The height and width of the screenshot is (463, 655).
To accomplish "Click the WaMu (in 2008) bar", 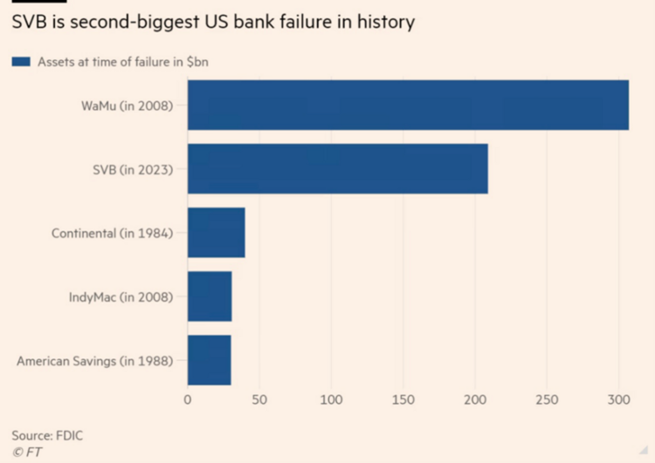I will [408, 106].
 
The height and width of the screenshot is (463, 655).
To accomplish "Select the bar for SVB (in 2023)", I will [337, 169].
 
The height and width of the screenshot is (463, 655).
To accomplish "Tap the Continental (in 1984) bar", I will [216, 233].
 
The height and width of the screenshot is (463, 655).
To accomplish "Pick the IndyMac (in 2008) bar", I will [210, 296].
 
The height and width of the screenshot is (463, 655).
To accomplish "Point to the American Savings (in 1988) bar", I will [209, 360].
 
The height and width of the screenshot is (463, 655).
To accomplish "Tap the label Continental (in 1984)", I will [112, 233].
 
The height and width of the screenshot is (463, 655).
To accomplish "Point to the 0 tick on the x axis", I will [188, 400].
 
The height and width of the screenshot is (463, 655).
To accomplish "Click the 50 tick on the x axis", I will [259, 400].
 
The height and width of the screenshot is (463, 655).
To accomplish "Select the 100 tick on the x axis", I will [331, 400].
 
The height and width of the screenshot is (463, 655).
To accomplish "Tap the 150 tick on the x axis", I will [403, 400].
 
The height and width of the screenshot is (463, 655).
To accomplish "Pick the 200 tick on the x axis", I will [475, 400].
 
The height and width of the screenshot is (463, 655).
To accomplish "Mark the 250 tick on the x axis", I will [547, 400].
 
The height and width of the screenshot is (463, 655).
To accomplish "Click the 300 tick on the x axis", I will [618, 400].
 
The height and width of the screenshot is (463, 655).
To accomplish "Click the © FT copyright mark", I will [27, 452].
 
